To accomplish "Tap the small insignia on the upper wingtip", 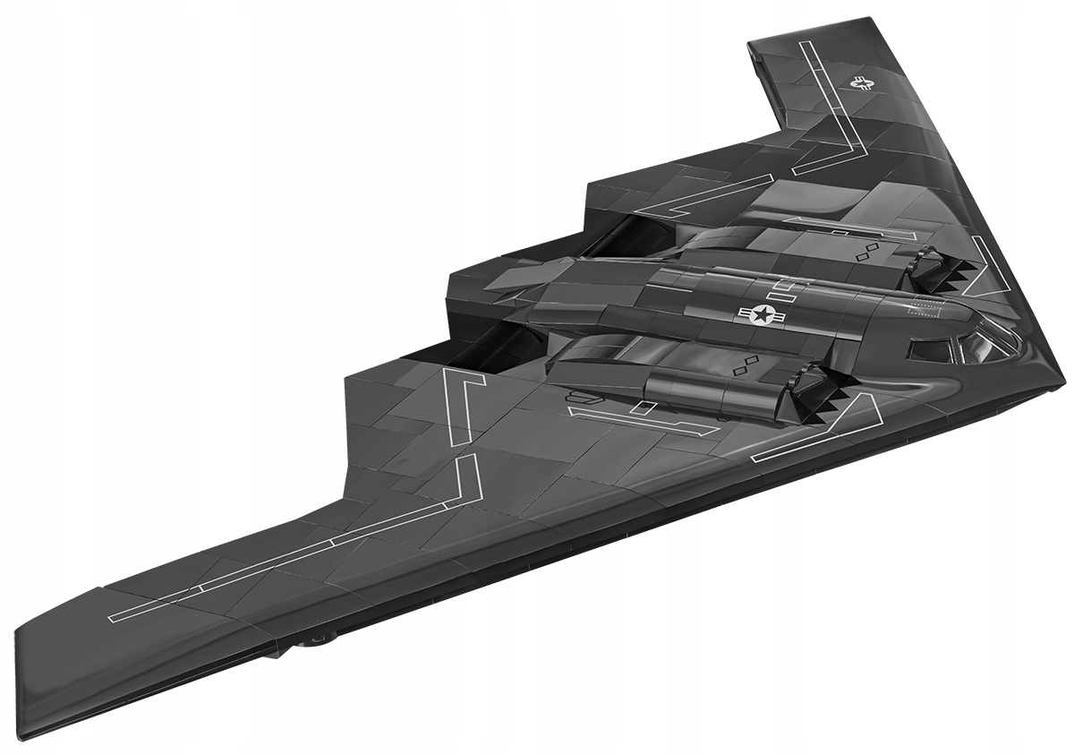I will coord(863,84).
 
